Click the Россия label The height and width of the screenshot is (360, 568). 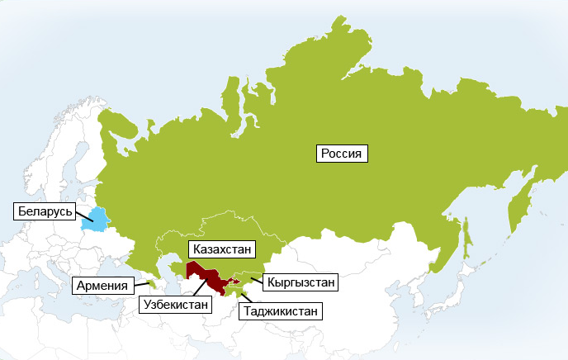tap(342, 153)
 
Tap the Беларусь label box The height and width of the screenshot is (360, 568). tap(47, 211)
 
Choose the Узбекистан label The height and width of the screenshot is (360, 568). tap(177, 304)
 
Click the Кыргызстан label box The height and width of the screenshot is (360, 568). tap(301, 282)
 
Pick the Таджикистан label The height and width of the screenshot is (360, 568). tap(281, 311)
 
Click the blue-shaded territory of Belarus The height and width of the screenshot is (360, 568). tap(96, 219)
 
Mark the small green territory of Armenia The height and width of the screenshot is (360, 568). tap(151, 284)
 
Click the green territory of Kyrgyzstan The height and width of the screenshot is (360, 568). tap(248, 277)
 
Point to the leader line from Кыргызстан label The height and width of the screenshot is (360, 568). tap(258, 281)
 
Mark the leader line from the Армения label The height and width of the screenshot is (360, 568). tap(142, 285)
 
